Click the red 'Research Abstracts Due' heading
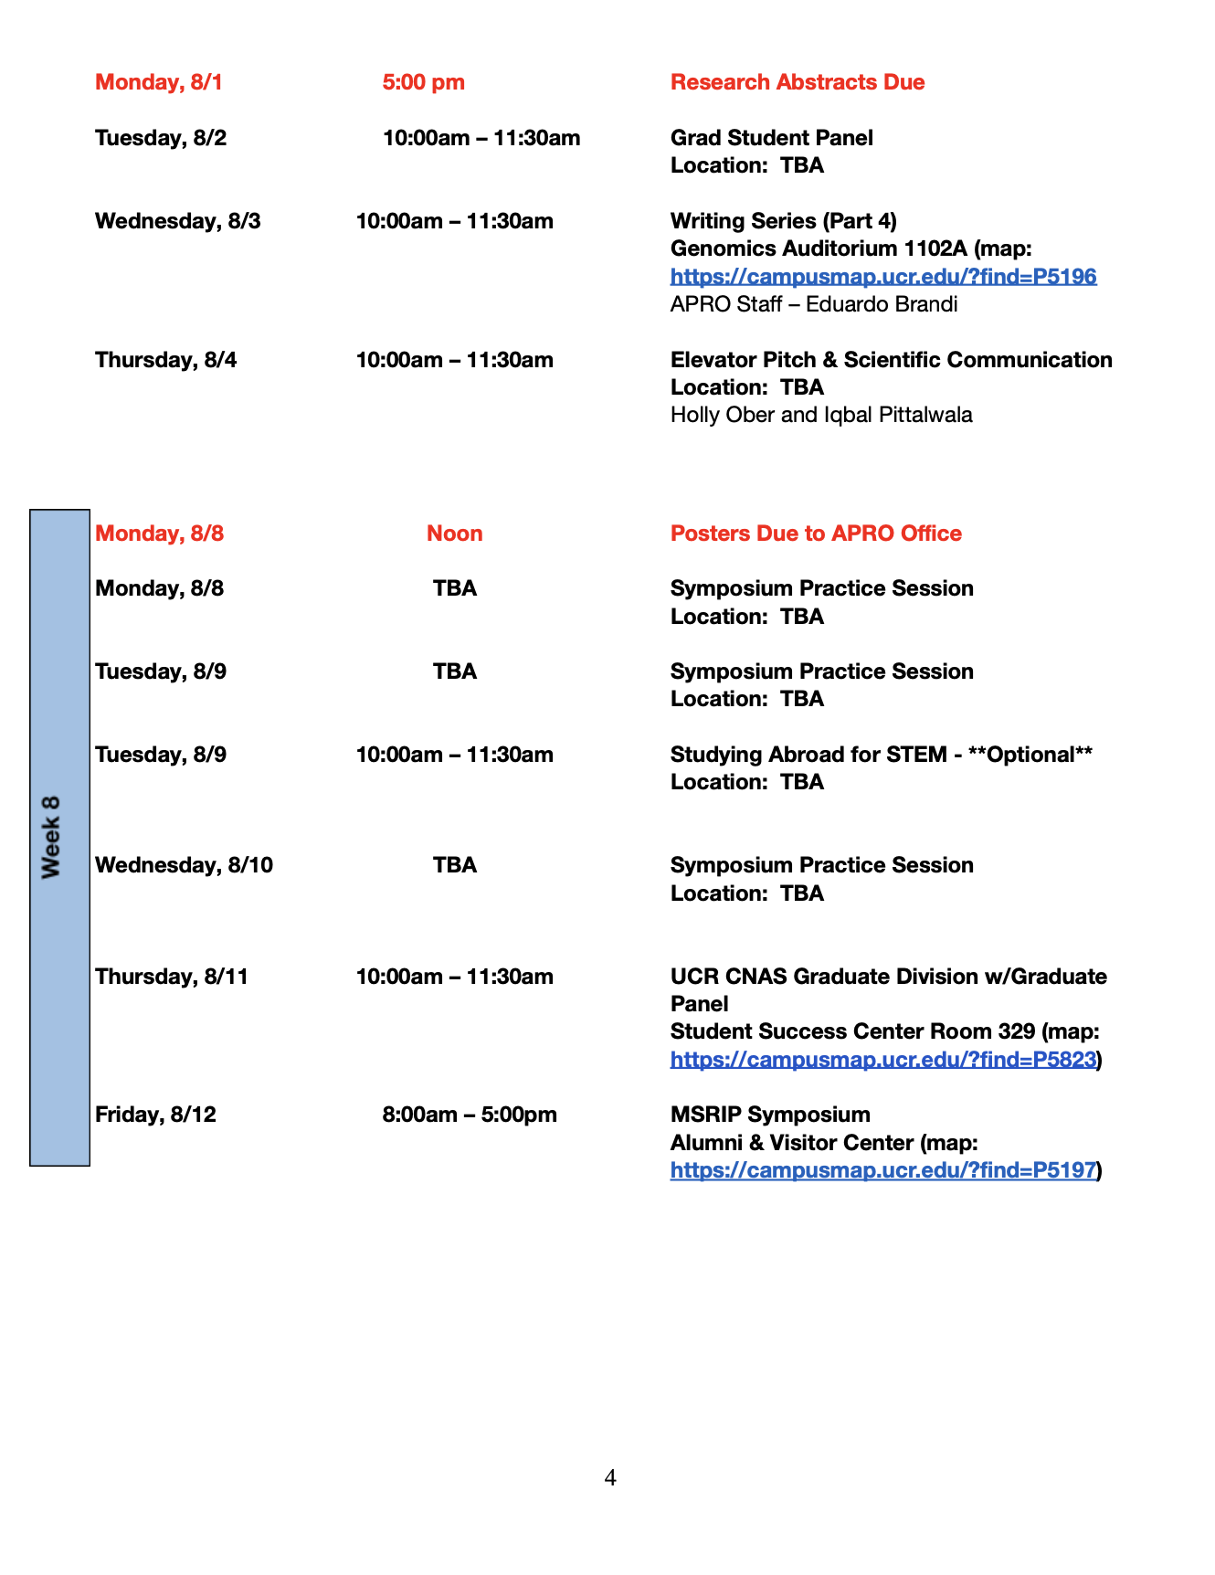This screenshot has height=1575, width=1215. click(x=797, y=82)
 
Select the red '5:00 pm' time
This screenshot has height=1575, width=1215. click(x=423, y=82)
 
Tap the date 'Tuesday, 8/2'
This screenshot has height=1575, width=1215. click(x=161, y=138)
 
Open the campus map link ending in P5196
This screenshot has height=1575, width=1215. click(x=882, y=276)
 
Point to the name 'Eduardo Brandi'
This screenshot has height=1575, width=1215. click(x=882, y=304)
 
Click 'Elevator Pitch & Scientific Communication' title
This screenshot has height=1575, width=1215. click(x=891, y=360)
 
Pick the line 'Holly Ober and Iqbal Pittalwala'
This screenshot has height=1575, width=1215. click(x=820, y=415)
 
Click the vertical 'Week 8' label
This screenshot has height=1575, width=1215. click(x=51, y=837)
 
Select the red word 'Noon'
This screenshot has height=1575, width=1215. click(x=454, y=534)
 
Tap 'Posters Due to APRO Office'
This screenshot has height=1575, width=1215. click(x=815, y=534)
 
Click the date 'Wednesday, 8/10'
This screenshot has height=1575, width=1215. click(x=184, y=865)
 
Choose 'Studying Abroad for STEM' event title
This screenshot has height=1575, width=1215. click(x=808, y=755)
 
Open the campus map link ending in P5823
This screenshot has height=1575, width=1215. click(x=882, y=1060)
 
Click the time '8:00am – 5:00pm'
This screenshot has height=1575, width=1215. click(x=469, y=1115)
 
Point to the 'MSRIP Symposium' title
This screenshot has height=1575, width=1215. click(x=769, y=1115)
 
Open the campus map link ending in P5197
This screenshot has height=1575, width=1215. click(x=882, y=1170)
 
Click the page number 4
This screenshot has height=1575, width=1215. click(x=610, y=1477)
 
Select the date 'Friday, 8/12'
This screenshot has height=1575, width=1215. click(x=155, y=1115)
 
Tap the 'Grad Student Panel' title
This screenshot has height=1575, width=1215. click(x=771, y=138)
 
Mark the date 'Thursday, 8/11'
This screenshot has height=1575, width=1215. click(x=172, y=977)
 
